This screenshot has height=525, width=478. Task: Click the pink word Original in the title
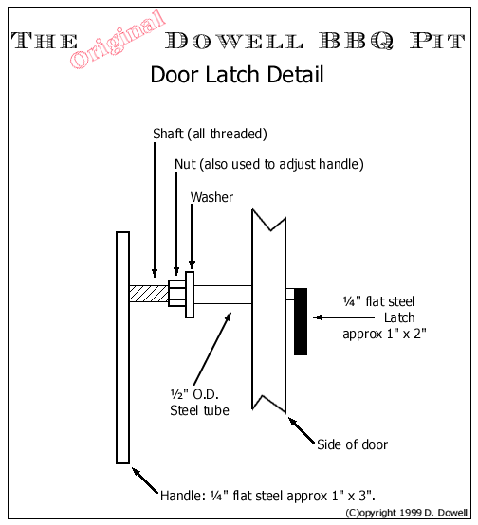pos(118,39)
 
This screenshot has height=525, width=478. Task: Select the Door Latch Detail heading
pos(237,74)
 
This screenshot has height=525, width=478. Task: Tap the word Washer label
pos(211,197)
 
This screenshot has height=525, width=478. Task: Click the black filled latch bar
pos(301,321)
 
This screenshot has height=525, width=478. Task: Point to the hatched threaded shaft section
pos(149,294)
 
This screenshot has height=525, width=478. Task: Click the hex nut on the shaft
pos(176,294)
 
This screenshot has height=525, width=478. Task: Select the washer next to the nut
pos(190,295)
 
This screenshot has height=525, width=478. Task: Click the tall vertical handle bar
pos(122,348)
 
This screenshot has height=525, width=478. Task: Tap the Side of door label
pos(352,444)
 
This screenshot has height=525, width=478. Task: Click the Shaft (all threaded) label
pos(210,134)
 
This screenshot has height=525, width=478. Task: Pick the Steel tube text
pos(199,410)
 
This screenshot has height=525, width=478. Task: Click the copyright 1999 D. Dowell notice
pos(406,513)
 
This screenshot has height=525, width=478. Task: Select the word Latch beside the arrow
pos(399,317)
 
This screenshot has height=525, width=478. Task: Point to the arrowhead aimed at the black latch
pos(318,317)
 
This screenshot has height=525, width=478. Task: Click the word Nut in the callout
pos(185,164)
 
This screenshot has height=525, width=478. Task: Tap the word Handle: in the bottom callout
pos(183,496)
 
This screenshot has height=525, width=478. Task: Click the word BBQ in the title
pos(356,41)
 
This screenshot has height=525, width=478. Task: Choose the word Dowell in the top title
pos(234,41)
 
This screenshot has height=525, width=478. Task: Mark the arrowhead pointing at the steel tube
pos(229,317)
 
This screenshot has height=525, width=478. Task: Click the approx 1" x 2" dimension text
pos(384,334)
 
